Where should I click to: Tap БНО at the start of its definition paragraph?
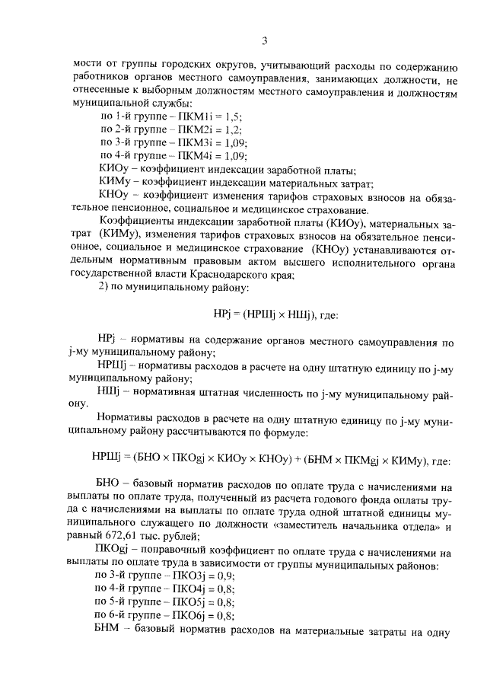[108, 486]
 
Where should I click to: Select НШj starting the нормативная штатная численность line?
[111, 391]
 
